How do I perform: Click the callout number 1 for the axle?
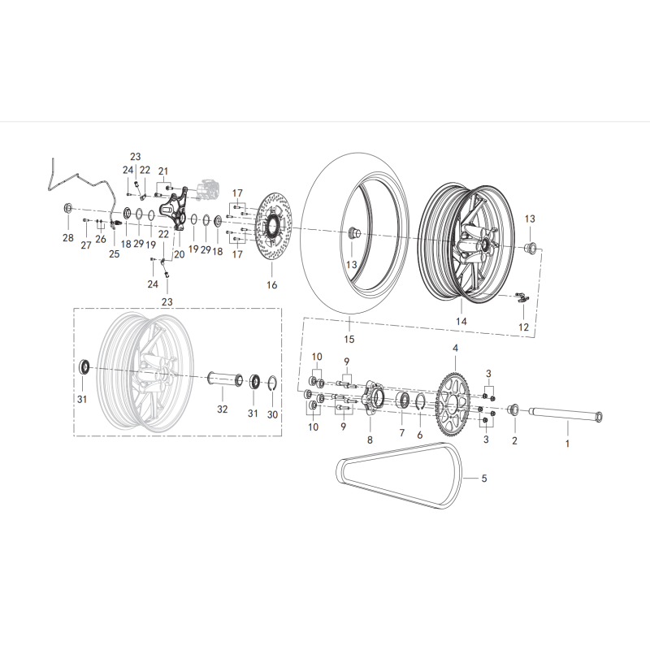pyautogui.click(x=567, y=444)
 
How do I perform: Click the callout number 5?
pyautogui.click(x=484, y=479)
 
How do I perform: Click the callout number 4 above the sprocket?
pyautogui.click(x=455, y=349)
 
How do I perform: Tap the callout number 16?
pyautogui.click(x=272, y=285)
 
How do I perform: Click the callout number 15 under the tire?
pyautogui.click(x=349, y=339)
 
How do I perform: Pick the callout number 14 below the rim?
pyautogui.click(x=461, y=322)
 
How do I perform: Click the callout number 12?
pyautogui.click(x=523, y=327)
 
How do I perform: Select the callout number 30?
pyautogui.click(x=272, y=414)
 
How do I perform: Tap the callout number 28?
pyautogui.click(x=67, y=238)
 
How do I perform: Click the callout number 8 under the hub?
pyautogui.click(x=370, y=440)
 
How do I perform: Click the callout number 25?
pyautogui.click(x=113, y=254)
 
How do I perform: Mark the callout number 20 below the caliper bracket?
pyautogui.click(x=179, y=254)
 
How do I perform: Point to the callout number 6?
pyautogui.click(x=420, y=435)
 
